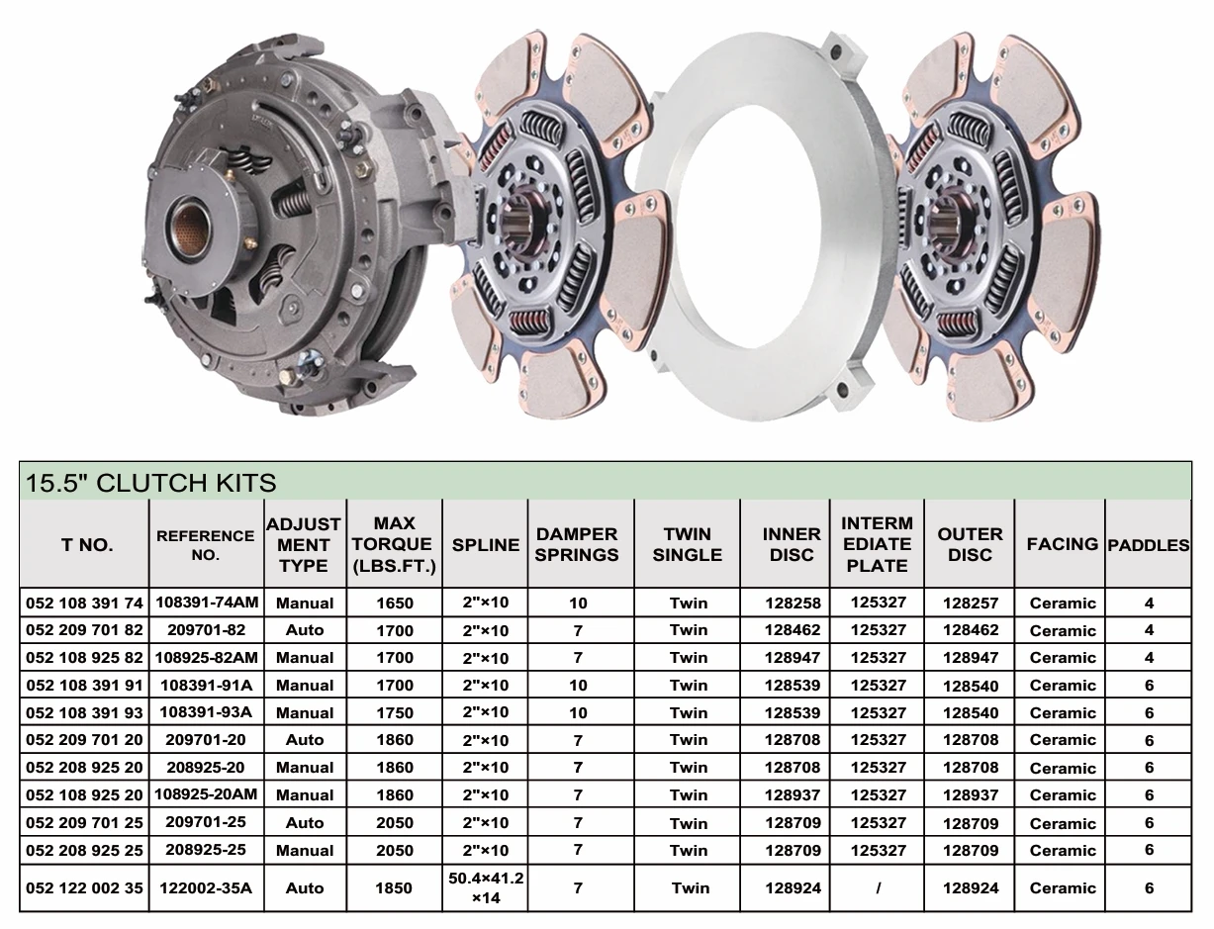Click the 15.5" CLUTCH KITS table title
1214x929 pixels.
pos(150,483)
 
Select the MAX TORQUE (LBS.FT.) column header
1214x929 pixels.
pos(394,544)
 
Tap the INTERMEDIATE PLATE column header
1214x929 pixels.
pos(878,544)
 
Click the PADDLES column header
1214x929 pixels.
pos(1148,545)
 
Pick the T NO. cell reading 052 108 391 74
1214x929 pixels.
pos(85,603)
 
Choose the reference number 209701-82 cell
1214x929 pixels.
pos(206,630)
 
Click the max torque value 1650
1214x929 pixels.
pos(395,603)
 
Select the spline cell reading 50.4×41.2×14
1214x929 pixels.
pos(486,887)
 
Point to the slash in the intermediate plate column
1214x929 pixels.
pos(879,888)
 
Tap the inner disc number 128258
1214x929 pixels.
pos(793,603)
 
